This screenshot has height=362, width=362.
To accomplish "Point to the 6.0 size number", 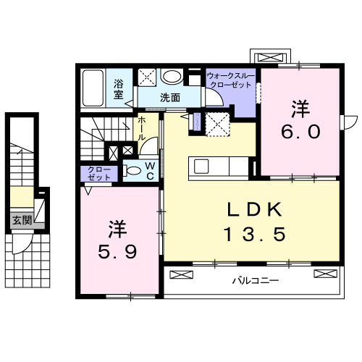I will [300, 132].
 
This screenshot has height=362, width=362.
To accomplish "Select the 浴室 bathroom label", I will [119, 88].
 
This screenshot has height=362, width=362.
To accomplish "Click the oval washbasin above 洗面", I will [172, 77].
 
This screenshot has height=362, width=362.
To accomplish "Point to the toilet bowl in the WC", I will [132, 171].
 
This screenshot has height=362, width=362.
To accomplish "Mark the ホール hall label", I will [142, 128].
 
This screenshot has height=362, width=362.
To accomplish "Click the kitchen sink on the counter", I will [201, 166].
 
